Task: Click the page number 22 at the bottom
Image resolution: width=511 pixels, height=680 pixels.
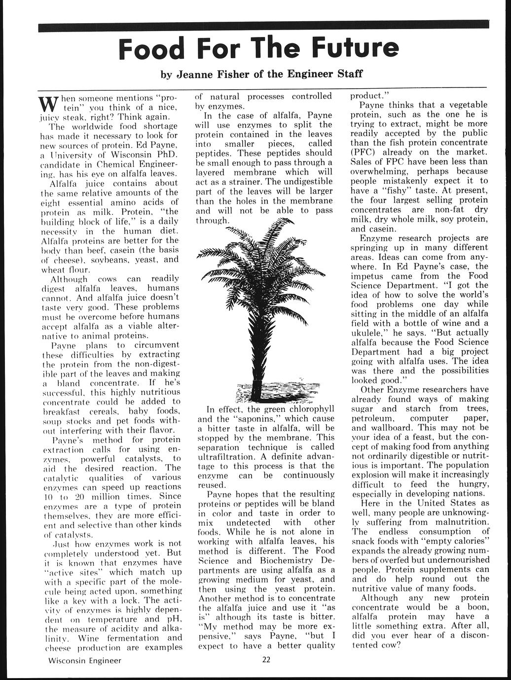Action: [266, 661]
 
